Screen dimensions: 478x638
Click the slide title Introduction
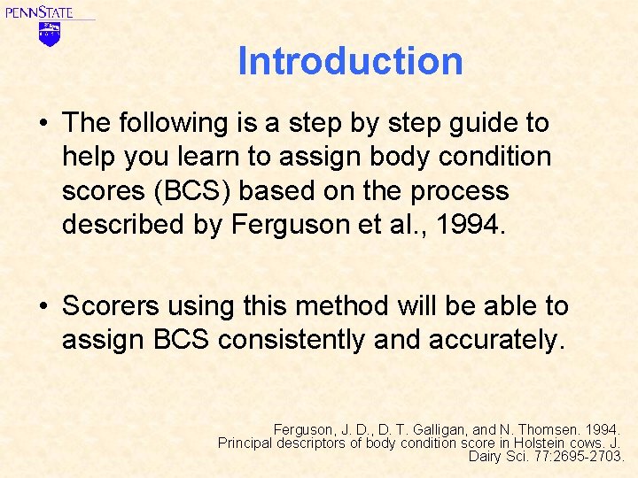[x=350, y=61]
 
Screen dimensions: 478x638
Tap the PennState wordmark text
[x=39, y=12]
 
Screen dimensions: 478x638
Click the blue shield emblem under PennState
[x=49, y=34]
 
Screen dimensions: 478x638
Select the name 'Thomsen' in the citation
[x=556, y=428]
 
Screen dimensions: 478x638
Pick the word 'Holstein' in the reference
[x=548, y=443]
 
